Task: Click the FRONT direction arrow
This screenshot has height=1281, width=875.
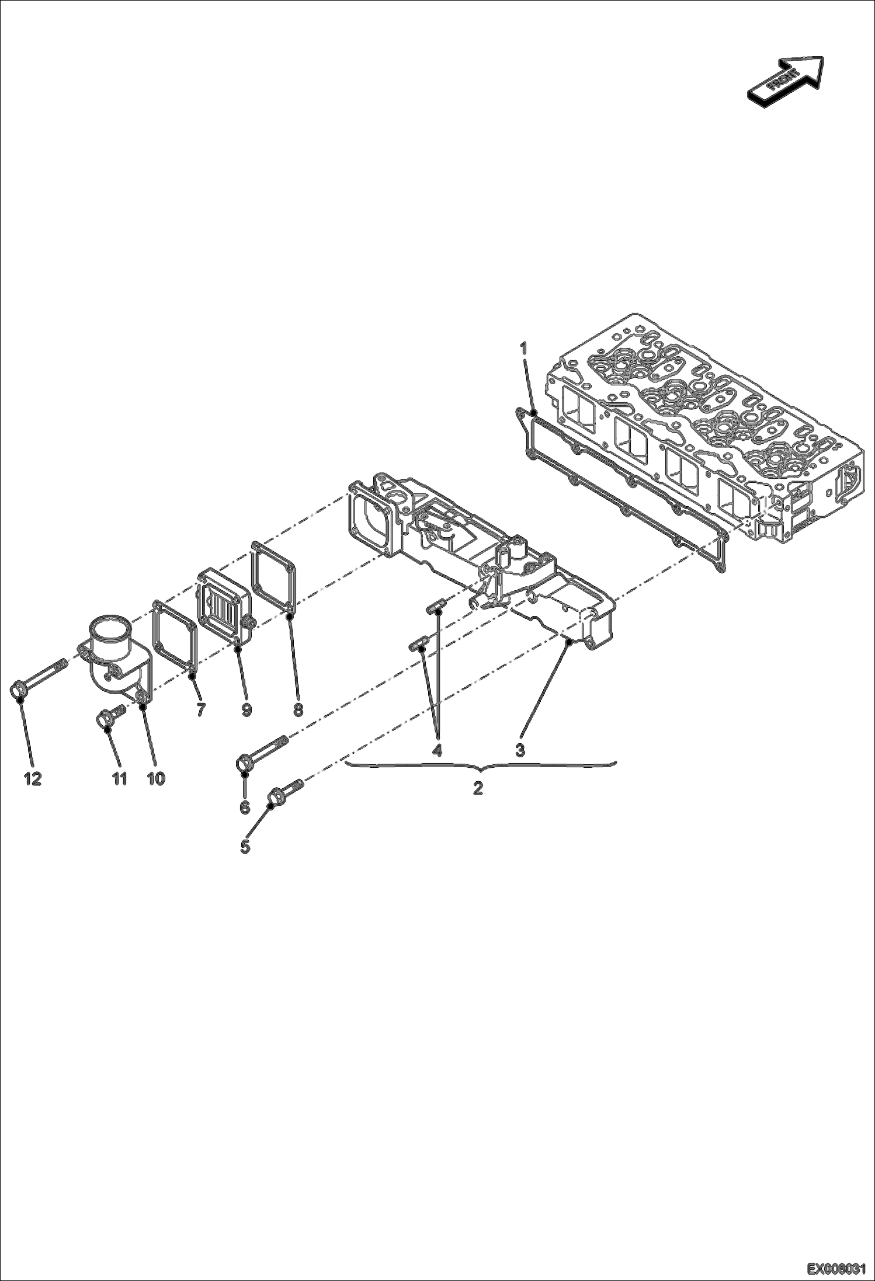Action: click(x=786, y=81)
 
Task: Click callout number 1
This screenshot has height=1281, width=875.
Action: click(x=524, y=349)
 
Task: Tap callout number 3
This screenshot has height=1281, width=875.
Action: click(x=520, y=750)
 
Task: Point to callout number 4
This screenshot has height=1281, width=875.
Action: click(x=437, y=750)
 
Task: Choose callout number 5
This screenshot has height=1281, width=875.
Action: click(x=246, y=847)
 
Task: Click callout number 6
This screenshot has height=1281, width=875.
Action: click(x=245, y=807)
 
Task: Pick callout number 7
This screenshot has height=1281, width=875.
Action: click(x=201, y=709)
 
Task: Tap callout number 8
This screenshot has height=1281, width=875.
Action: click(x=298, y=709)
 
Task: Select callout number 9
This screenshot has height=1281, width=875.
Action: click(x=246, y=709)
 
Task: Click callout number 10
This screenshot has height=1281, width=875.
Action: click(x=155, y=778)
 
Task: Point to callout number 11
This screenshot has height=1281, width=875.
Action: click(x=120, y=778)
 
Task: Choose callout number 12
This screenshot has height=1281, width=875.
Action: click(x=33, y=778)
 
